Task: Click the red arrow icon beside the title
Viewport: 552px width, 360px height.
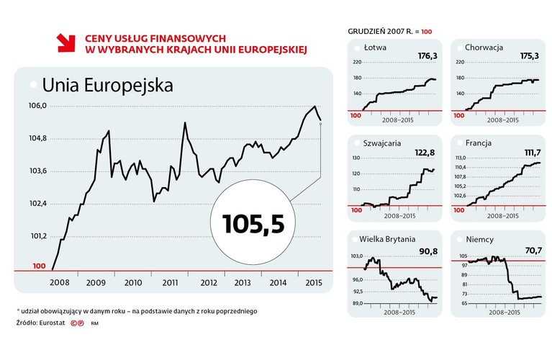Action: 65,42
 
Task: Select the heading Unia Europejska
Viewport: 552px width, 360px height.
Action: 107,85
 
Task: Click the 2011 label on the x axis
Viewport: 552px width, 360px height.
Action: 170,283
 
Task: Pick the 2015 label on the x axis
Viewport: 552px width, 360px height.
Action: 312,283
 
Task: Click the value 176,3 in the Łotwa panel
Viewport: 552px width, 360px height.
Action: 427,55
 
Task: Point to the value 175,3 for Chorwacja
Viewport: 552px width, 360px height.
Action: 530,55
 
